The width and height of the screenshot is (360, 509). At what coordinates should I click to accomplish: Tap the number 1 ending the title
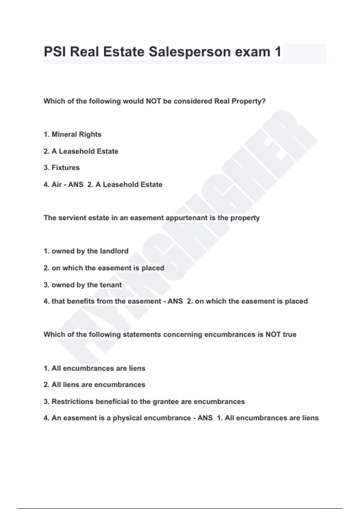[278, 52]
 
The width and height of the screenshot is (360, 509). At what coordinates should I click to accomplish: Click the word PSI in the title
[55, 52]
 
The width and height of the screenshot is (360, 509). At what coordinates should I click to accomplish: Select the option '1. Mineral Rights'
[72, 134]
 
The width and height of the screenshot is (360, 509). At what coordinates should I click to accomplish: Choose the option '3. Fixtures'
[61, 168]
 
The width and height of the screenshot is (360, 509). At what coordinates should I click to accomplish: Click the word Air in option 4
[57, 184]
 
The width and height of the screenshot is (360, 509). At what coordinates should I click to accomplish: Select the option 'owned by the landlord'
[86, 251]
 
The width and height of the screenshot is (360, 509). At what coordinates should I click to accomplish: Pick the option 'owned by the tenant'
[83, 285]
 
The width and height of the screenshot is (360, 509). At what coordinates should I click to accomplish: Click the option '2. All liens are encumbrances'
[94, 385]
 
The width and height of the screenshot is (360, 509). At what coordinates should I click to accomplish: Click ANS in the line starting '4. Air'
[76, 184]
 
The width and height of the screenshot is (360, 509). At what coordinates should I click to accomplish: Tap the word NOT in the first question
[153, 101]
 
